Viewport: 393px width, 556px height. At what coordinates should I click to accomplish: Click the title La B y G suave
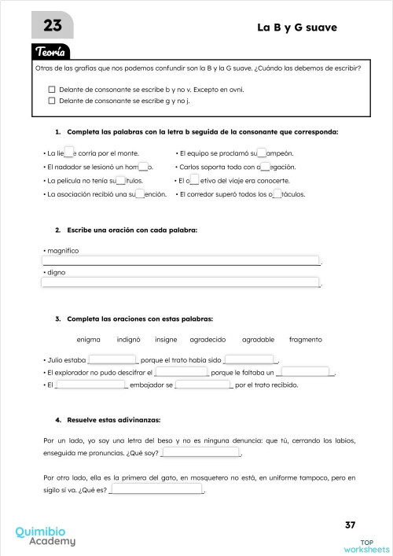tap(296, 28)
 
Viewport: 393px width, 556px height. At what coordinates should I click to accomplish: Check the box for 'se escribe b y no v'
tap(52, 90)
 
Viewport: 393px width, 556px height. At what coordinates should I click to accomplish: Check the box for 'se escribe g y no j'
tap(52, 101)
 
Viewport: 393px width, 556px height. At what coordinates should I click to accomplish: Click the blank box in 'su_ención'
tap(141, 193)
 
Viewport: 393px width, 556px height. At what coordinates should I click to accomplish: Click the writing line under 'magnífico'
tap(181, 260)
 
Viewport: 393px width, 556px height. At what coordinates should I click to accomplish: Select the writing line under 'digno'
tap(181, 282)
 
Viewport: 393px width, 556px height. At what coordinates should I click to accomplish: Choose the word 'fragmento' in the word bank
tap(306, 339)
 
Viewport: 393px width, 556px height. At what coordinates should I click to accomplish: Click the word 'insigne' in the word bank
tap(166, 339)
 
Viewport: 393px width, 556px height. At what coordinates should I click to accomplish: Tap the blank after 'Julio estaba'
tap(112, 360)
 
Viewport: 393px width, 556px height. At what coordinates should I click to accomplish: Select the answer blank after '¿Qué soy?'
tap(200, 453)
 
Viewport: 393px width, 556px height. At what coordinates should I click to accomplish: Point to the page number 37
tap(350, 525)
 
